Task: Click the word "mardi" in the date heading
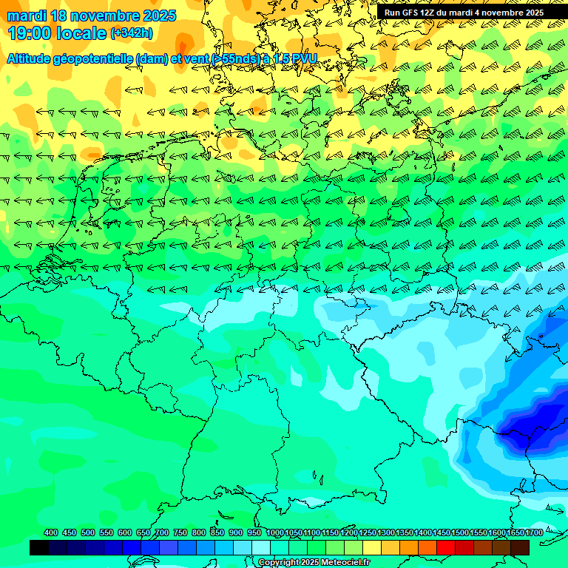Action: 27,16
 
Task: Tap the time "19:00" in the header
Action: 30,33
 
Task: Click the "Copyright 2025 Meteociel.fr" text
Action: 314,563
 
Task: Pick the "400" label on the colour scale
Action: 51,532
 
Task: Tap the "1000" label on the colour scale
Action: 274,532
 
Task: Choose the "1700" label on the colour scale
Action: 534,532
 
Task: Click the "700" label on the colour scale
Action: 162,532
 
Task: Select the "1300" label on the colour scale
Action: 386,532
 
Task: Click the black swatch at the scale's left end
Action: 39,547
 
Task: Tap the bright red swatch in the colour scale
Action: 446,547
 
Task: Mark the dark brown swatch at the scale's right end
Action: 520,547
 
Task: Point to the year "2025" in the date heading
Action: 158,16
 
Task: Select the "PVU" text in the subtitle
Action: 302,58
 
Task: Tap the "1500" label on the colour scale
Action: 460,532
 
